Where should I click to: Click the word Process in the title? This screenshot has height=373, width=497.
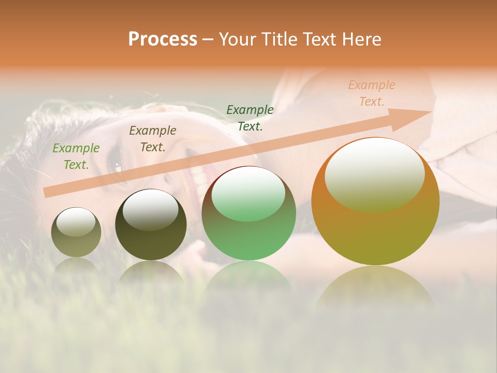pos(163,39)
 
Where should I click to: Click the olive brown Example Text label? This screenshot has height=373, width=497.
pos(152,139)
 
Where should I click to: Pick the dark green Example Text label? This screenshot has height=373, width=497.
pos(250,118)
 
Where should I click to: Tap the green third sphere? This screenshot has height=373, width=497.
pos(248,228)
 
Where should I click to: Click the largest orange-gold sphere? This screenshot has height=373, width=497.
pos(375,233)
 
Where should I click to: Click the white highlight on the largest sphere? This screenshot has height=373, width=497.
pos(374,174)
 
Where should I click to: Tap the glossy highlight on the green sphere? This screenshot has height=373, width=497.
pos(248,193)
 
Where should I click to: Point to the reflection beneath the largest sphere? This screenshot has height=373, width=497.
pos(375,288)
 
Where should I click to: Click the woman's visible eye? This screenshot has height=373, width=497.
pos(115,165)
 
